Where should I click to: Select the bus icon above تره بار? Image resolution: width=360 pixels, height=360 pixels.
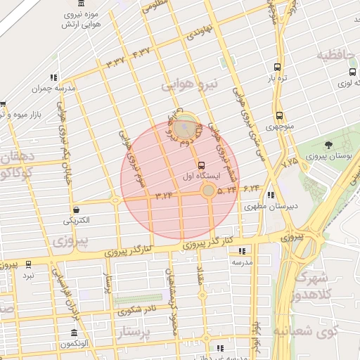pos(277,67)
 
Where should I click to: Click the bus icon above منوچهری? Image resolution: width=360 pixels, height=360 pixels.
pos(280,115)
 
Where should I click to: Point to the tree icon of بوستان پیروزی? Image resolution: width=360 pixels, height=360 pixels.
pos(328,144)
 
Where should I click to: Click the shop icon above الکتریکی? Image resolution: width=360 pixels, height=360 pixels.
pos(75,210)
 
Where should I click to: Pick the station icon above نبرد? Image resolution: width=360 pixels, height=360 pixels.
pos(28,264)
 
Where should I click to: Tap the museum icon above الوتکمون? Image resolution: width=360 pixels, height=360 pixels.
pos(75,333)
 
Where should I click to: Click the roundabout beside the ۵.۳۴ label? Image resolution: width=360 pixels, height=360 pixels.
pos(209,191)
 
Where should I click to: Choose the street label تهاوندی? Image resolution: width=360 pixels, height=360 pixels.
pos(196,30)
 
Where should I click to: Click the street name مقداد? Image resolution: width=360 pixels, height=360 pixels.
pos(201,275)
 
